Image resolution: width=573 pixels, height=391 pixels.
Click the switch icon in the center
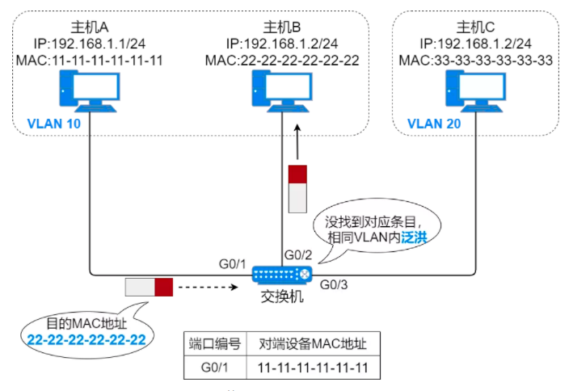point(281,275)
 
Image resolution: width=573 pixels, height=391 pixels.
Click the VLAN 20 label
point(435,124)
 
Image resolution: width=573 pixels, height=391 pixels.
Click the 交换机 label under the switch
point(281,297)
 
